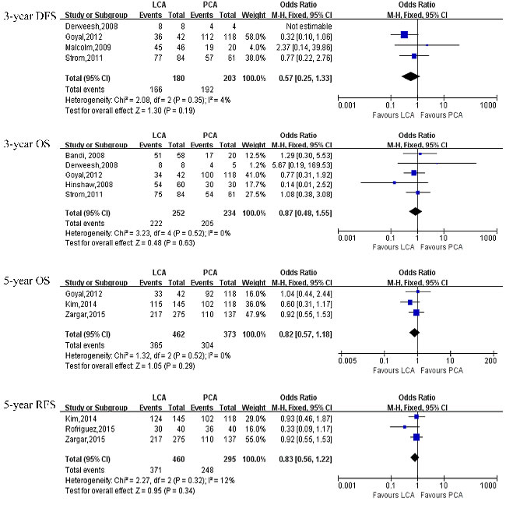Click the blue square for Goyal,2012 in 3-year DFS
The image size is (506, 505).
[404, 35]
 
